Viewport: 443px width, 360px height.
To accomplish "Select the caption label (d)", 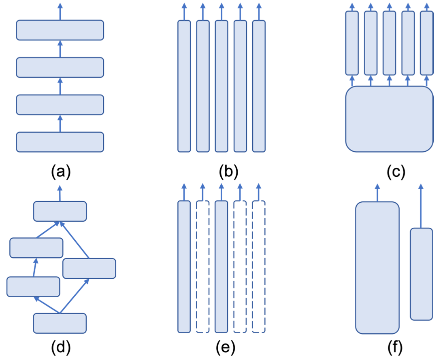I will [x=61, y=347].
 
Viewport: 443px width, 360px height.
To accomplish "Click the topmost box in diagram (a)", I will [x=60, y=30].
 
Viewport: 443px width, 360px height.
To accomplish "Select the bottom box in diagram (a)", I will [x=60, y=142].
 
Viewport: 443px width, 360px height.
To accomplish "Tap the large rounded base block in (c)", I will [x=389, y=119].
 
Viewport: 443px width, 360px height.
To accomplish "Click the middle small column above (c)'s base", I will [x=389, y=43].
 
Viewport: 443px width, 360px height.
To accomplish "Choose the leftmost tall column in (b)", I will [x=184, y=86].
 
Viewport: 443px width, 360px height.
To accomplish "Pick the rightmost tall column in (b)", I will [x=259, y=86].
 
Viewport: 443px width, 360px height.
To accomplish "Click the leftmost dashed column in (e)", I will [x=202, y=267].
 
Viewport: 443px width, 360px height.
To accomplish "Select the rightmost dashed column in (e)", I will [x=259, y=267].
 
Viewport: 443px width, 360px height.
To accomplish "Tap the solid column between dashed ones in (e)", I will [x=221, y=267].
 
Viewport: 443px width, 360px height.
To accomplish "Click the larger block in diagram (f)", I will [x=377, y=268].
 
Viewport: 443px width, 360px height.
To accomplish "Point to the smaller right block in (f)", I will [x=421, y=274].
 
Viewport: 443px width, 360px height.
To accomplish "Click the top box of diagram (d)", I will [x=60, y=211].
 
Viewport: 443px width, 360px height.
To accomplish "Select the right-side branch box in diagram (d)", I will [x=89, y=268].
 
